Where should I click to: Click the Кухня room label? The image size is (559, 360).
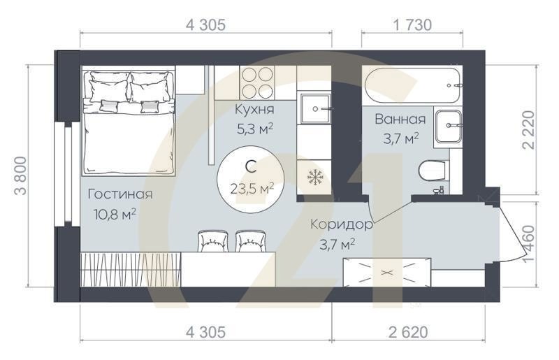click(254, 110)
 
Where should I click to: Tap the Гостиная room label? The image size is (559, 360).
click(120, 194)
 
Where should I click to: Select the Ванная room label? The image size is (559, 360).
click(400, 119)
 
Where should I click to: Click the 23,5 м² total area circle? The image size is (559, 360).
click(252, 178)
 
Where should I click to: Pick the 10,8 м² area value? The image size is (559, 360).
click(115, 212)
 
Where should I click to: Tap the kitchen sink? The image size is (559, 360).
click(317, 109)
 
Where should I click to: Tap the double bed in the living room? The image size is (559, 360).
click(128, 122)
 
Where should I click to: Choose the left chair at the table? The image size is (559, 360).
click(212, 240)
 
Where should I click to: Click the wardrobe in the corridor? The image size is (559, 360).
click(386, 271)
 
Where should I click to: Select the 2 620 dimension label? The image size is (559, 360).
click(405, 332)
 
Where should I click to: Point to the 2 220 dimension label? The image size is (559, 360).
click(529, 129)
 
